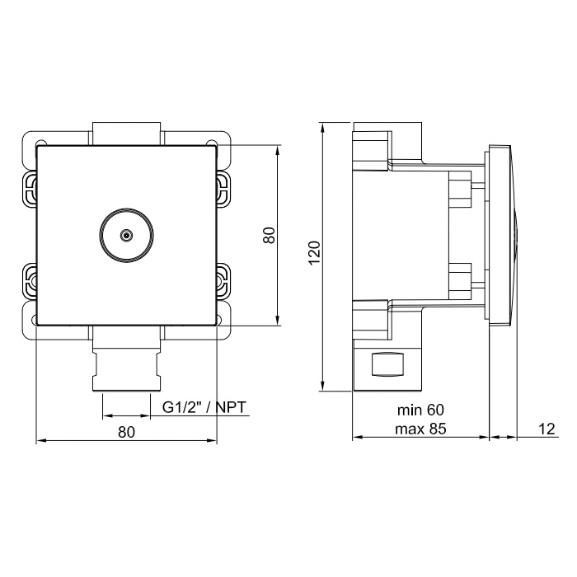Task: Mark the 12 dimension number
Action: pos(547,429)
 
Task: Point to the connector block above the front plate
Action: pos(126,134)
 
